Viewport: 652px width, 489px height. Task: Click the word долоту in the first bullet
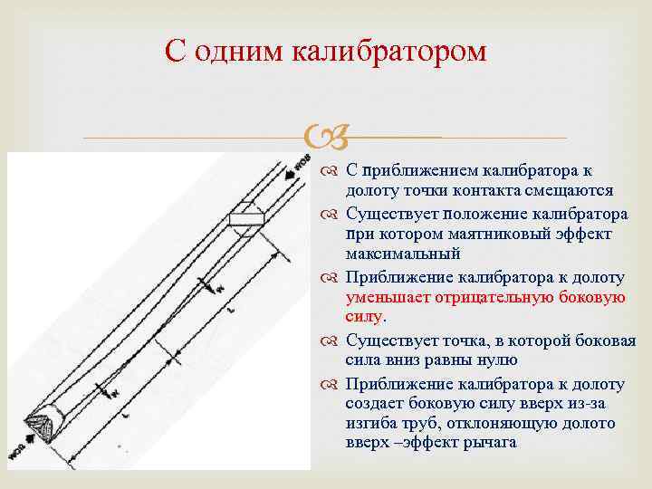click(x=370, y=191)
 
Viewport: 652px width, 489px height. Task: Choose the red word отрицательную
click(x=494, y=297)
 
